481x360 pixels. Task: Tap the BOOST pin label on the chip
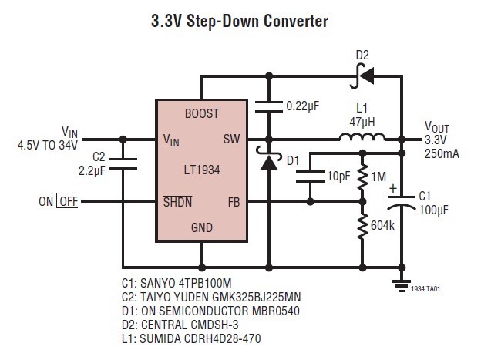tap(202, 113)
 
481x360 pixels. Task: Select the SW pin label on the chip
tap(231, 140)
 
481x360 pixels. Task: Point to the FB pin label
tap(233, 202)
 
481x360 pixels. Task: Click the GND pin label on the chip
tap(202, 229)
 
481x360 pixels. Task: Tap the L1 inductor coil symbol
tap(363, 138)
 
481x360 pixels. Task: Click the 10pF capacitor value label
tap(338, 177)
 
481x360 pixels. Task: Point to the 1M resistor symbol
tap(362, 179)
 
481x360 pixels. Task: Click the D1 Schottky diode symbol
tap(269, 161)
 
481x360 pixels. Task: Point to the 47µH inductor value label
tap(362, 122)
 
